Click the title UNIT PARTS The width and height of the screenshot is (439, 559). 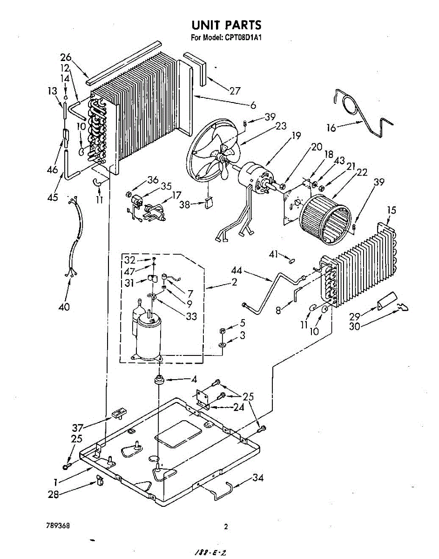point(226,25)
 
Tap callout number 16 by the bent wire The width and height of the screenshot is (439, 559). point(331,127)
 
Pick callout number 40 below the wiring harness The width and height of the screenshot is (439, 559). point(65,307)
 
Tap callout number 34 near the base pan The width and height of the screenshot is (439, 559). point(258,477)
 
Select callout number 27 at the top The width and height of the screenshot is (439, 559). point(235,90)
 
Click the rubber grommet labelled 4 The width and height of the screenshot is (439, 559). point(159,379)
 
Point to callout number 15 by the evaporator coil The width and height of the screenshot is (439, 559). point(391,211)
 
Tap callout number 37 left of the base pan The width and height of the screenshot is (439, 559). point(78,428)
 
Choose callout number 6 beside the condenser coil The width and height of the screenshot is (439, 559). point(253,106)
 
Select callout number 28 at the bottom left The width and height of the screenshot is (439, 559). point(54,495)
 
